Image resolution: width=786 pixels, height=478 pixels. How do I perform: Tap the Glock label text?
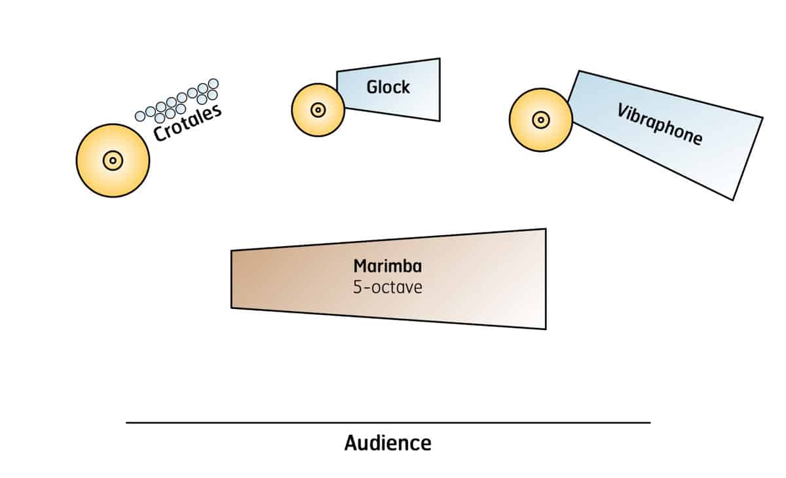pyautogui.click(x=388, y=86)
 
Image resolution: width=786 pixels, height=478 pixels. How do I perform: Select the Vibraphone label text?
pyautogui.click(x=660, y=124)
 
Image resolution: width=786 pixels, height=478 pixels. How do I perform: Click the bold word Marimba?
pyautogui.click(x=388, y=267)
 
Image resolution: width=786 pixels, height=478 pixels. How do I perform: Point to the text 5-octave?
pyautogui.click(x=388, y=287)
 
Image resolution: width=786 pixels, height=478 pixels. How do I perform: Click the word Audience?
pyautogui.click(x=388, y=443)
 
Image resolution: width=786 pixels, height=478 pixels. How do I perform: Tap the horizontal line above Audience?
pyautogui.click(x=388, y=423)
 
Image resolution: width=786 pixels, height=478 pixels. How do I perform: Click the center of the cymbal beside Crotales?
pyautogui.click(x=113, y=160)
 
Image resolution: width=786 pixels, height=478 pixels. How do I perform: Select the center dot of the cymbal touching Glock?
pyautogui.click(x=318, y=110)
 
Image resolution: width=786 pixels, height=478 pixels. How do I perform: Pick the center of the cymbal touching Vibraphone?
pyautogui.click(x=540, y=120)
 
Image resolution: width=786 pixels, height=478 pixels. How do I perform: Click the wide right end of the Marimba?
pyautogui.click(x=534, y=279)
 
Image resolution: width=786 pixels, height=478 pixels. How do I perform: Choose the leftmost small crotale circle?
pyautogui.click(x=140, y=117)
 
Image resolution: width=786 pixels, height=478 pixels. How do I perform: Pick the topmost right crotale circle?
pyautogui.click(x=213, y=84)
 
